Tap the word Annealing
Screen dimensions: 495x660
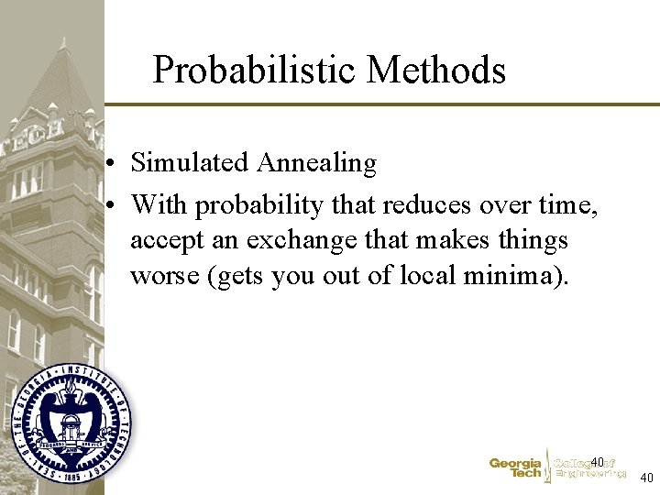tap(316, 163)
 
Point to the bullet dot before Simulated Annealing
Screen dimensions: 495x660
tap(109, 165)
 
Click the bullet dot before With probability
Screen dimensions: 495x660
tap(109, 206)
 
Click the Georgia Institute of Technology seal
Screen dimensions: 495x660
tap(71, 423)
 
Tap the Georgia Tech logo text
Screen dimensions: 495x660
tap(515, 468)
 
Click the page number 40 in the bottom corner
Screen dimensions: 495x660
tap(646, 478)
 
